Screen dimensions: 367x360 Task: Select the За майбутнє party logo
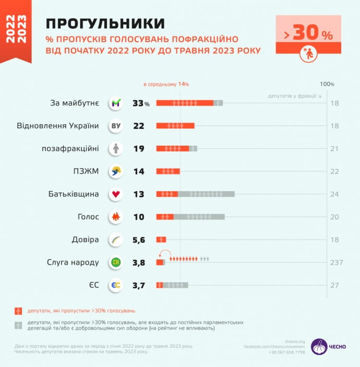click(116, 103)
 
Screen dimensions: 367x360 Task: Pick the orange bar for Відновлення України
click(175, 126)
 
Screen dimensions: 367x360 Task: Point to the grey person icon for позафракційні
click(116, 149)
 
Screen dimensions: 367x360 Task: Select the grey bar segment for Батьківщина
click(206, 194)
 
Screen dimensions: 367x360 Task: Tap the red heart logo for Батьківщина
click(116, 194)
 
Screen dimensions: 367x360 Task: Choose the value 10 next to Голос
click(139, 217)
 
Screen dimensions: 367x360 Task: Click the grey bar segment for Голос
click(199, 217)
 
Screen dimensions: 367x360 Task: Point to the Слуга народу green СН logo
click(116, 262)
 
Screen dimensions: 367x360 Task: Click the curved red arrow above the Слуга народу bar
click(164, 253)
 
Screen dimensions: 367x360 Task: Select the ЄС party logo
click(116, 285)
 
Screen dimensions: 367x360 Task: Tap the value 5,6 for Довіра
click(139, 240)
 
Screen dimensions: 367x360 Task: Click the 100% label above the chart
click(327, 84)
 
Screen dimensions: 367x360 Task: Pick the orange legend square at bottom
click(18, 311)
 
